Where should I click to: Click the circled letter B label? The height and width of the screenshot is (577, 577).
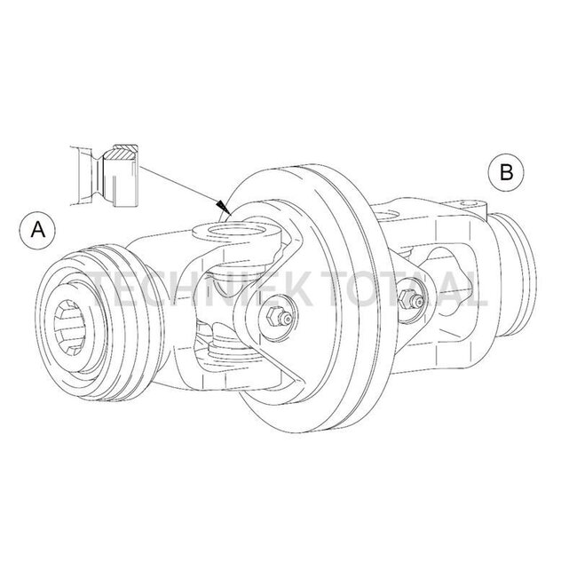[505, 172]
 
